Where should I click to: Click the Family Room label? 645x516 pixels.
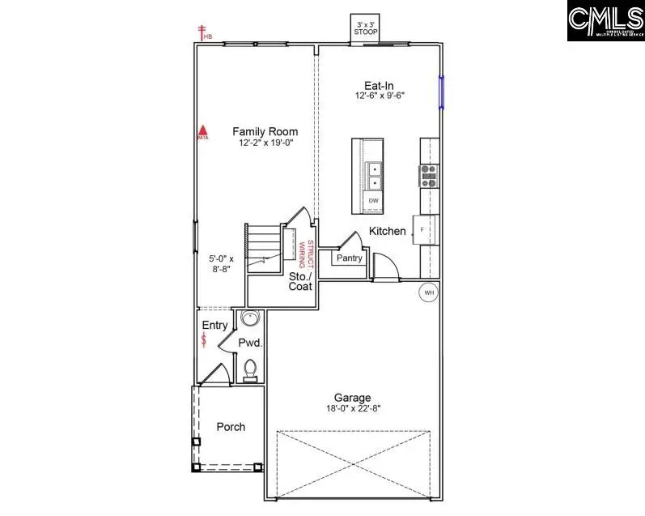point(265,131)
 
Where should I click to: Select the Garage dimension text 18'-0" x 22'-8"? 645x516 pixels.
point(352,409)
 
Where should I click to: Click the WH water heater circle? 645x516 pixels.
point(428,292)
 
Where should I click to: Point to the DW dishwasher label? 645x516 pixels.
point(373,200)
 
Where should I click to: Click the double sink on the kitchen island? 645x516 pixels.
point(374,174)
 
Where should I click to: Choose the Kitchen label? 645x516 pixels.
point(388,232)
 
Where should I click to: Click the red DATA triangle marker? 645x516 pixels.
point(204,130)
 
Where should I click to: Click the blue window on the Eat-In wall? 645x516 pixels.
point(442,92)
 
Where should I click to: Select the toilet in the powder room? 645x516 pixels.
point(251,369)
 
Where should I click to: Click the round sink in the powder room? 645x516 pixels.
point(250,318)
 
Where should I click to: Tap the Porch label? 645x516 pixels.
point(231,427)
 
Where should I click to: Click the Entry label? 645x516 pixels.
point(214,325)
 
